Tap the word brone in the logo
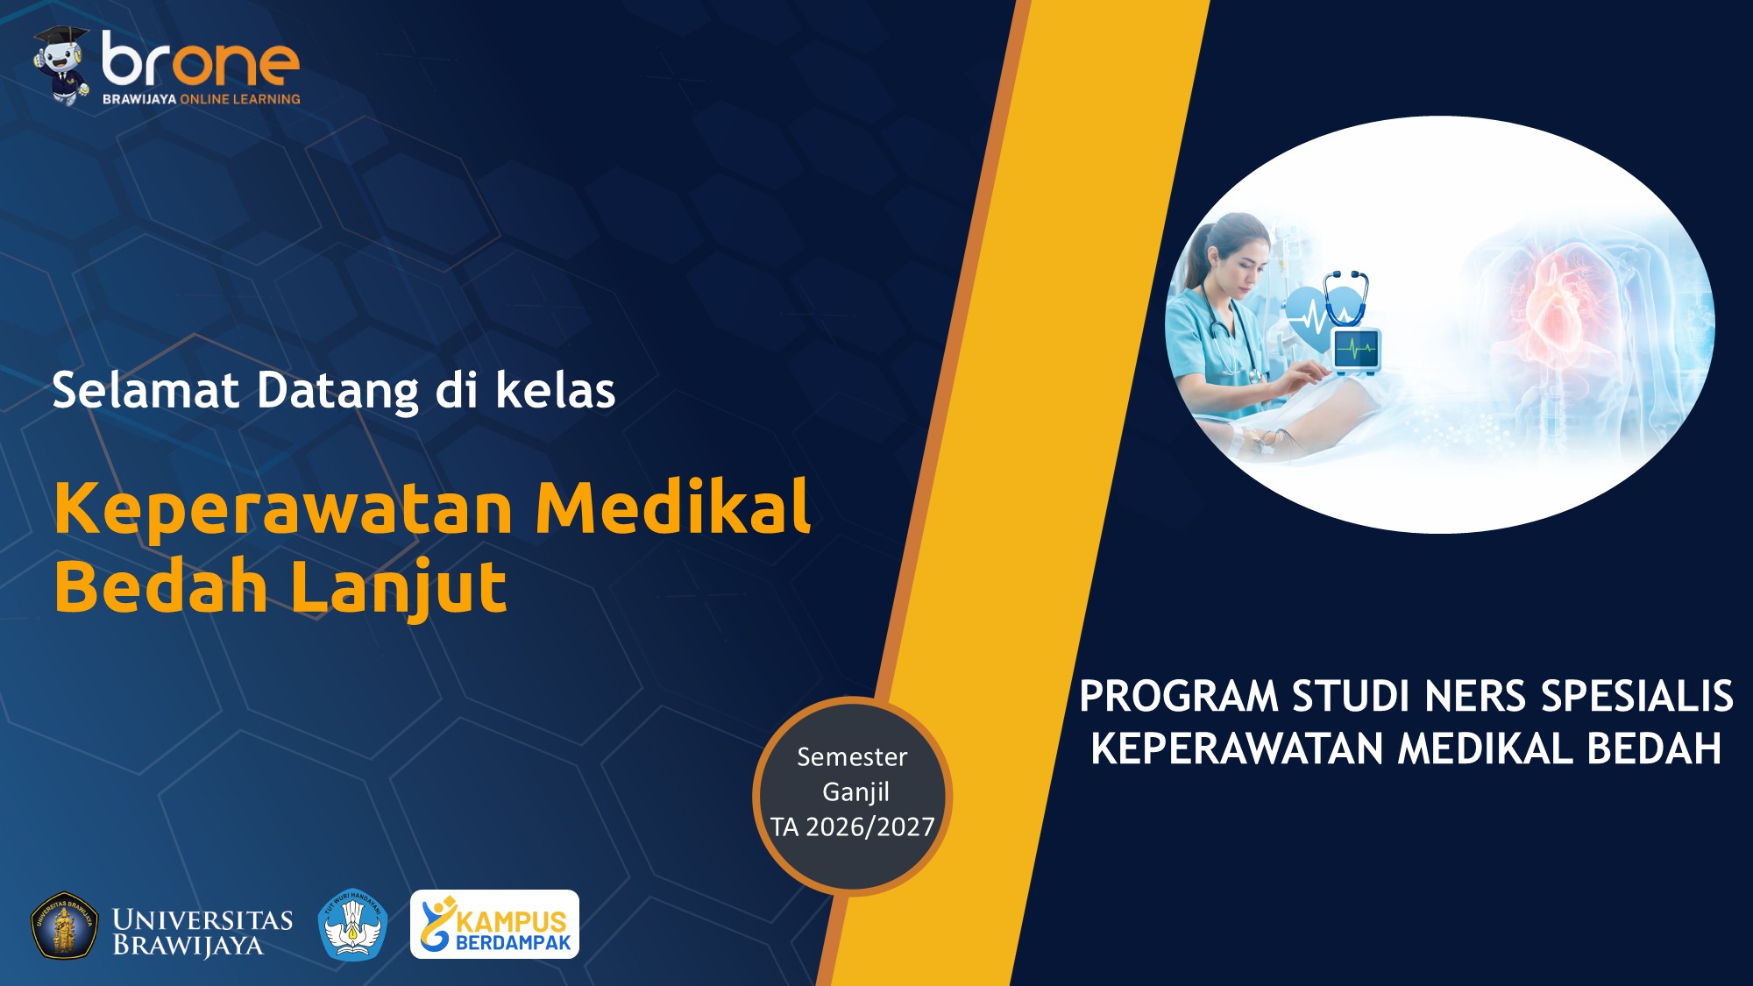(x=201, y=60)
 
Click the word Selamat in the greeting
(x=145, y=391)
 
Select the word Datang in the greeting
(x=337, y=393)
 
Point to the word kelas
(x=556, y=391)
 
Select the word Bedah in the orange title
(x=160, y=586)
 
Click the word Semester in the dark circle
(x=852, y=757)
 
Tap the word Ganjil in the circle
(x=855, y=792)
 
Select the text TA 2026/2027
(x=853, y=827)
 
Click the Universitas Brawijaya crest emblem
(x=65, y=926)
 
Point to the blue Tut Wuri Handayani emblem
(x=352, y=926)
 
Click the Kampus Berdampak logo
(x=494, y=925)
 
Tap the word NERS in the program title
(x=1475, y=698)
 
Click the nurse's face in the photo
(x=1246, y=254)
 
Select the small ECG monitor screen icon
(x=1356, y=350)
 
